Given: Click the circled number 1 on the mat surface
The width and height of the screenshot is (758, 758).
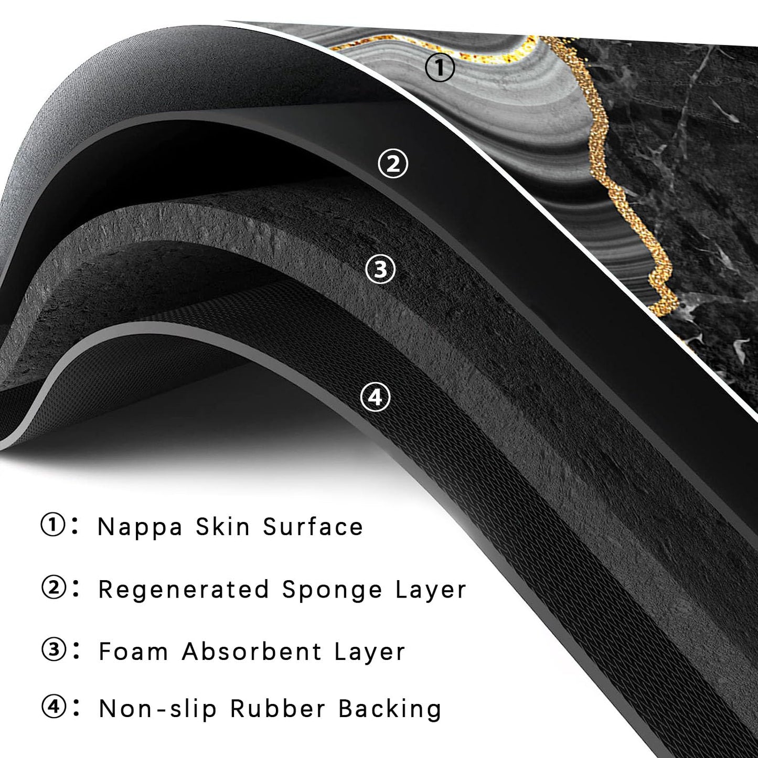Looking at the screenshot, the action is pos(440,67).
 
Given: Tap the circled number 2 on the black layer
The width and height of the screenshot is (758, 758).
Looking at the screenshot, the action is pos(392,164).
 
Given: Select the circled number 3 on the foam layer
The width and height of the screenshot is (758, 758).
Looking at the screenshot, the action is pos(380,270).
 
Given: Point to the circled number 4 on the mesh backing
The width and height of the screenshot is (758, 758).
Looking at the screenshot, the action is pos(375,397).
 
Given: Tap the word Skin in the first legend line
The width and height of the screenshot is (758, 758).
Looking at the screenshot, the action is pos(222,526).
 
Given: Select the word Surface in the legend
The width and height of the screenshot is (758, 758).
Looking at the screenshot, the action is pos(313,526).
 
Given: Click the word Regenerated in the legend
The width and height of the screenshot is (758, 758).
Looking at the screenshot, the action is pos(183,590).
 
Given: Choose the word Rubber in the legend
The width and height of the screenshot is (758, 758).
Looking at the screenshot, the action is pos(277,709).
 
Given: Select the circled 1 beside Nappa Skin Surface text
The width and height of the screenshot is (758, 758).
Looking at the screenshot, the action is pos(52,526).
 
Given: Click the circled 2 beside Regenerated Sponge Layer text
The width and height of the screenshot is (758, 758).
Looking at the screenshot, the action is pos(52,589).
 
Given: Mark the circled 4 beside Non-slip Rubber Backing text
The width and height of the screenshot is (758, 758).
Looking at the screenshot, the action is pos(52,709).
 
